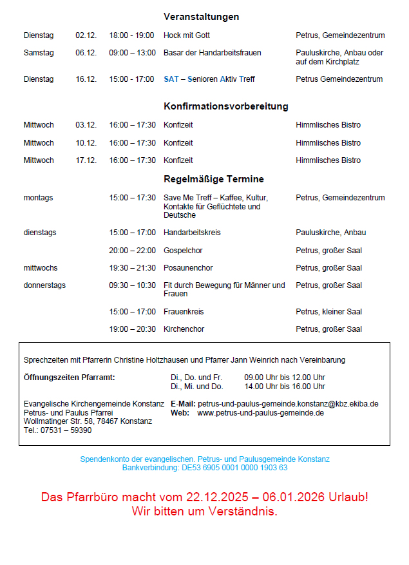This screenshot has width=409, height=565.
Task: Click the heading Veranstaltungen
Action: (x=201, y=17)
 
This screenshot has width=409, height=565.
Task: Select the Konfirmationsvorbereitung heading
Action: (x=225, y=106)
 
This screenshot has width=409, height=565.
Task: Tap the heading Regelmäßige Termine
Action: (x=213, y=179)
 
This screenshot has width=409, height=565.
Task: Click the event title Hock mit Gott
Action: (x=187, y=35)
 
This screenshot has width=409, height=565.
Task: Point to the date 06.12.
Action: (x=86, y=53)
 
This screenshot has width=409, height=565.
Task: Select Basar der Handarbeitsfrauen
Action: (x=213, y=53)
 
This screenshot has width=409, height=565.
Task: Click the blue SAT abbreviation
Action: (x=171, y=79)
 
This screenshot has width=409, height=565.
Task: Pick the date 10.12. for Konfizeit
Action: (x=86, y=143)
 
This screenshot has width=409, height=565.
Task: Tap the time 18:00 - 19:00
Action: (x=131, y=35)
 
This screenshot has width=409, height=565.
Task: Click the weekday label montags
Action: (x=39, y=198)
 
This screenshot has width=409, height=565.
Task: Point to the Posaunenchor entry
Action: (x=188, y=268)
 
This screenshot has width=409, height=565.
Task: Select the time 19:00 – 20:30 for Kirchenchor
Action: (x=132, y=329)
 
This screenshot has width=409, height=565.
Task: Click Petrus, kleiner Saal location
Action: (x=328, y=312)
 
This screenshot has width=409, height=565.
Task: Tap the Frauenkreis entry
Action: (x=184, y=312)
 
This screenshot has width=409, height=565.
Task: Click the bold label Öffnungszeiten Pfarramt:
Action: (x=69, y=378)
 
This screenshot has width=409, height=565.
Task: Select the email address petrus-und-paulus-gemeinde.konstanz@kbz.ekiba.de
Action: (x=288, y=404)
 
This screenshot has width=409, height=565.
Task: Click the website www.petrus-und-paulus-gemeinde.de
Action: (x=260, y=413)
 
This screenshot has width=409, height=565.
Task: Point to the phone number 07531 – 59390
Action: (x=64, y=430)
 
